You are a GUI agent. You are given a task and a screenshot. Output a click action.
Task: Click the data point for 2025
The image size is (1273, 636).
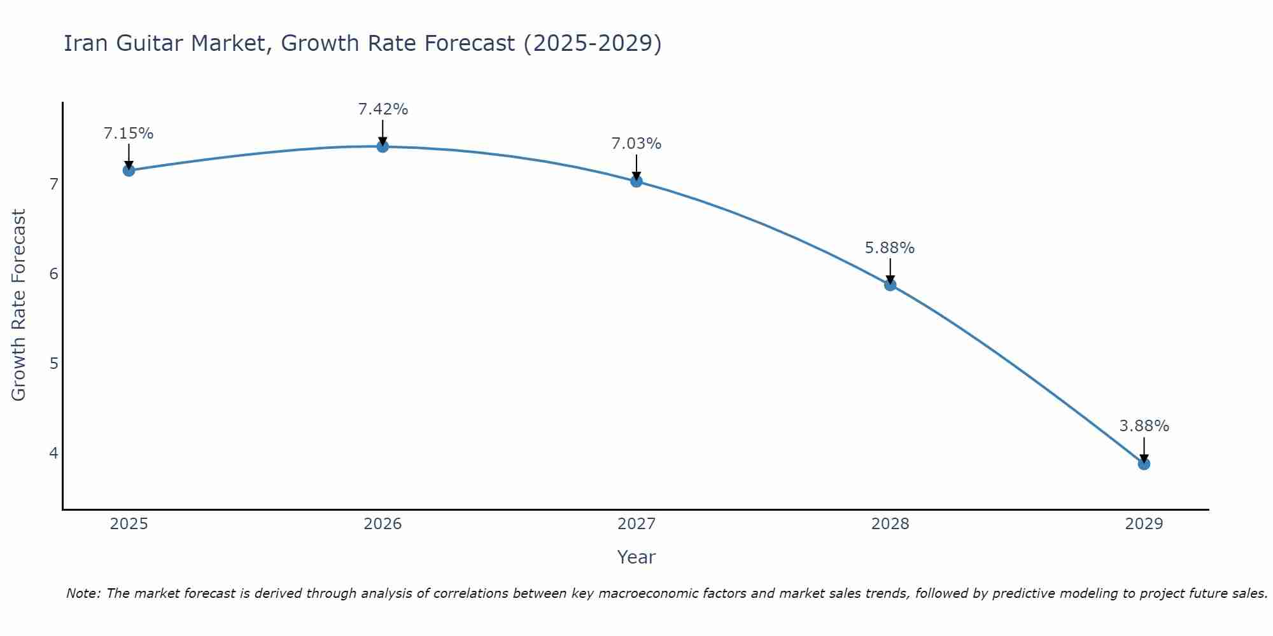pyautogui.click(x=129, y=170)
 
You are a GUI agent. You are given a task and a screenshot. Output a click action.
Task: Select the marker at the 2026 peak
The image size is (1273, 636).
pyautogui.click(x=383, y=146)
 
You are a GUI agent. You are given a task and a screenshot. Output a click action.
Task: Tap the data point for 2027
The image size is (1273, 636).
pyautogui.click(x=636, y=181)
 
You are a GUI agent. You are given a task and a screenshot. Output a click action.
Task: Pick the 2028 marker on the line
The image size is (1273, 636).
pyautogui.click(x=890, y=284)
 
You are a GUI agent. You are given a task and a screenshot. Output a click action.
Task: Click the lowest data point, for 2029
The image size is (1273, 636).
pyautogui.click(x=1144, y=464)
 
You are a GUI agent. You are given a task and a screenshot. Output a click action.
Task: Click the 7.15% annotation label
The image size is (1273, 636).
pyautogui.click(x=129, y=134)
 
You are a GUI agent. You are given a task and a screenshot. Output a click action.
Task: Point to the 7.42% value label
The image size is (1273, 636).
pyautogui.click(x=383, y=109)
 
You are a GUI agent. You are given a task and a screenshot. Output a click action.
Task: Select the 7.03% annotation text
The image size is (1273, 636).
pyautogui.click(x=636, y=144)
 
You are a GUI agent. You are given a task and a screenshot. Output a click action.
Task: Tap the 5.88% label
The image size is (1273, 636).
pyautogui.click(x=890, y=248)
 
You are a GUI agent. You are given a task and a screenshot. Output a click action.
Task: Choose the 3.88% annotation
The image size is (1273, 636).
pyautogui.click(x=1144, y=426)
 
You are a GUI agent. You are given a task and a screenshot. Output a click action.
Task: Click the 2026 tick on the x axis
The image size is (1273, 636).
pyautogui.click(x=383, y=524)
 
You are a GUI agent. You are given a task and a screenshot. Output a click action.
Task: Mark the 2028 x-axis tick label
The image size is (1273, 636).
pyautogui.click(x=890, y=524)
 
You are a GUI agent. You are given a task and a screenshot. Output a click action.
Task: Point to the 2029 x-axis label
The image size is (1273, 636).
pyautogui.click(x=1144, y=524)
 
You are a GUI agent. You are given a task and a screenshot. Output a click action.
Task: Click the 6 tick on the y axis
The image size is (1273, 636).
pyautogui.click(x=53, y=274)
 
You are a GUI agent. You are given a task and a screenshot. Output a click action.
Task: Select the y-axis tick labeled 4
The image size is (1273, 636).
pyautogui.click(x=53, y=453)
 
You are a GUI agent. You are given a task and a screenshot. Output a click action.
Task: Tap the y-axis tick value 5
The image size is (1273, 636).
pyautogui.click(x=53, y=364)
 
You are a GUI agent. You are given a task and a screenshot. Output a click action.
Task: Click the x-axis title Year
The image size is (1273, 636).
pyautogui.click(x=636, y=557)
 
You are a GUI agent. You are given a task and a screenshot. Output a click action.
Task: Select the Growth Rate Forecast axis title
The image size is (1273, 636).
pyautogui.click(x=19, y=305)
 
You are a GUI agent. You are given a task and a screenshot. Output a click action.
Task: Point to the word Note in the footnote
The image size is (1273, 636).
pyautogui.click(x=83, y=593)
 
